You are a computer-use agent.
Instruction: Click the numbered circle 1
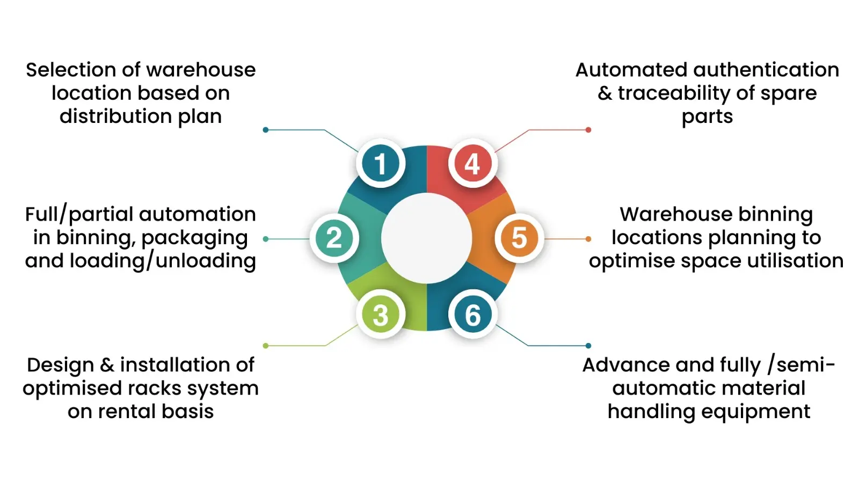click(380, 164)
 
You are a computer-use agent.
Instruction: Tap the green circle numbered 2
click(334, 238)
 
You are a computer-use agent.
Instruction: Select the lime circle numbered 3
click(380, 315)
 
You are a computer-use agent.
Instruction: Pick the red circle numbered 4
click(472, 164)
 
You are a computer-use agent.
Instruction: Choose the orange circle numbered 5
click(519, 238)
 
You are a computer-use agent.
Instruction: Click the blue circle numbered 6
click(472, 315)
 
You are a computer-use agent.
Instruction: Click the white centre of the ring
click(426, 238)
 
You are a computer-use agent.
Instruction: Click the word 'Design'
click(60, 365)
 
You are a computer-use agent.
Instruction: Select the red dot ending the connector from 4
click(588, 130)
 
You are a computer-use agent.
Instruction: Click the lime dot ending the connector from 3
click(266, 346)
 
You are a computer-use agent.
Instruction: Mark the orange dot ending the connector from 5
click(588, 239)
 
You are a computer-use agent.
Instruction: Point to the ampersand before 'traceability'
click(605, 93)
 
